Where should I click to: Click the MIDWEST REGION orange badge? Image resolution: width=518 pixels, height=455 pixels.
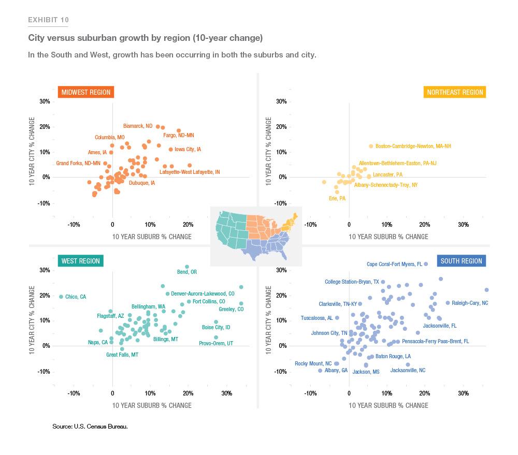tap(85, 93)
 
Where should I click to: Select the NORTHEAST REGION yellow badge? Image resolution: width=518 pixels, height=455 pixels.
tap(455, 93)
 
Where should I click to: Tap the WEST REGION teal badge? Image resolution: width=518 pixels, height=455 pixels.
tap(80, 261)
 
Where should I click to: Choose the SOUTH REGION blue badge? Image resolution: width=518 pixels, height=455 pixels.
tap(461, 261)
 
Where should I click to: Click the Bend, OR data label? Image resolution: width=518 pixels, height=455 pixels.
tap(187, 272)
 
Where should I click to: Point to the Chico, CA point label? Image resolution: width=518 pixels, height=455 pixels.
tap(76, 297)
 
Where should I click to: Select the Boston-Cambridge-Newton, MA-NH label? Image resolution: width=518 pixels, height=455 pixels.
tap(413, 146)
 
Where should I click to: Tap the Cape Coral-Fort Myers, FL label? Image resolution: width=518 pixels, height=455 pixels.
tap(394, 264)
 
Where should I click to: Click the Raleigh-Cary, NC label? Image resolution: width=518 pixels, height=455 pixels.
tap(470, 303)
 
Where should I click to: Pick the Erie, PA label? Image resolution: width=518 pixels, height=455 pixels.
tap(337, 198)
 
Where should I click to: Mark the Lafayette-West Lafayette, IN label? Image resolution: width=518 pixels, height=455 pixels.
tap(190, 172)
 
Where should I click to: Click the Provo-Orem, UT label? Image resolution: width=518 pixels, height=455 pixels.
tap(216, 343)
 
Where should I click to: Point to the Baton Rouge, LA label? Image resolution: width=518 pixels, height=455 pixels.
tap(393, 356)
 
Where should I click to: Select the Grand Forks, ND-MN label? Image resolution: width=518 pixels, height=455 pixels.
tap(78, 163)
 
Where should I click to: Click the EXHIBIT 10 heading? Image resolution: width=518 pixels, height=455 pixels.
tap(48, 20)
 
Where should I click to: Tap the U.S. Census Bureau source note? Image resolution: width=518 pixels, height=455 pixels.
tap(90, 427)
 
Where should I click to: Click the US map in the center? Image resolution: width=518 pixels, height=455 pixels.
tap(256, 236)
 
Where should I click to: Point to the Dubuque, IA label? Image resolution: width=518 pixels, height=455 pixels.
tap(142, 183)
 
